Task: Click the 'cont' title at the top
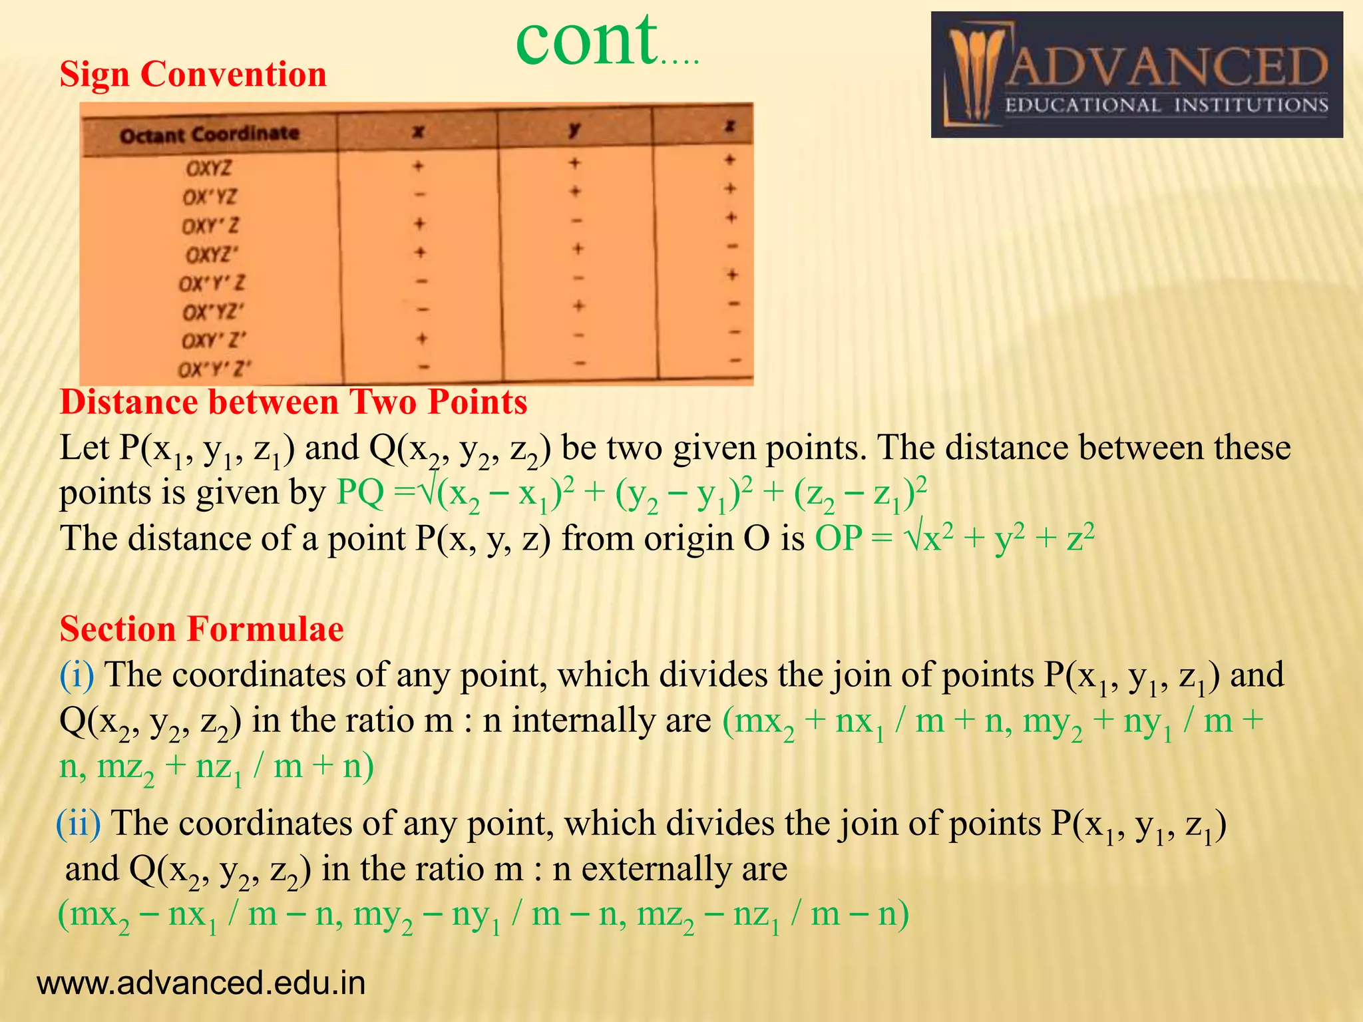click(x=586, y=41)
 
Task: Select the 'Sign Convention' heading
click(x=193, y=74)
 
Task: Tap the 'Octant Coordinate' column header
click(x=209, y=134)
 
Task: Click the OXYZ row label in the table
click(x=209, y=168)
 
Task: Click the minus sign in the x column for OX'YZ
click(x=419, y=195)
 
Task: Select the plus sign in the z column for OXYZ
click(x=730, y=160)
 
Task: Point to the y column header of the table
click(x=574, y=128)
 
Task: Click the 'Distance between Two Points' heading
click(x=293, y=403)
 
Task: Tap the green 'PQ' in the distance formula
click(x=361, y=493)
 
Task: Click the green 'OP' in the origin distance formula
click(x=839, y=538)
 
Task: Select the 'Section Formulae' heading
click(x=202, y=629)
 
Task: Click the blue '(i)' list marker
click(x=77, y=675)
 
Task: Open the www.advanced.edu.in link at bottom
click(x=201, y=983)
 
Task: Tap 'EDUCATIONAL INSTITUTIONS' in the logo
click(x=1166, y=105)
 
